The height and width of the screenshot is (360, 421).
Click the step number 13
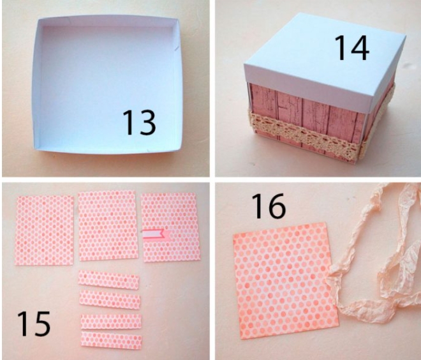139,123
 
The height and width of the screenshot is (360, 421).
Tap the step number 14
351,48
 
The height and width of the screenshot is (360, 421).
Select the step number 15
34,324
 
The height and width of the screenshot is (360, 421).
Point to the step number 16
269,206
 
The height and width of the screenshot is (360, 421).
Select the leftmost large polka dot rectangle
45,230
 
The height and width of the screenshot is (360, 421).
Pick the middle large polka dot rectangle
108,226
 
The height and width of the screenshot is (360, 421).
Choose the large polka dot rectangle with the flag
171,227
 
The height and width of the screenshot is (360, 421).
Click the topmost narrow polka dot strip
108,280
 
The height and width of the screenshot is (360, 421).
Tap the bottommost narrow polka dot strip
111,340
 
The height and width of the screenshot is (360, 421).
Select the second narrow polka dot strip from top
110,299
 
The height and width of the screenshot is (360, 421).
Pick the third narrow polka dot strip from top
111,321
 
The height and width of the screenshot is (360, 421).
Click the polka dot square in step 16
285,281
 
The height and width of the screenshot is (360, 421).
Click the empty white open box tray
107,85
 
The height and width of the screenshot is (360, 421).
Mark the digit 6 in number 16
277,206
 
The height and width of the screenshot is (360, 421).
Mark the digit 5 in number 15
41,324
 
